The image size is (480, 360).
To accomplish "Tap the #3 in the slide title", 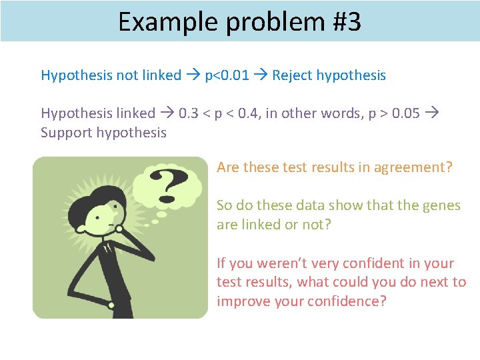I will pyautogui.click(x=345, y=22).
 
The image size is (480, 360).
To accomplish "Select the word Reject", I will pyautogui.click(x=292, y=75).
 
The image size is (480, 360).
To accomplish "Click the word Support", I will pyautogui.click(x=67, y=132).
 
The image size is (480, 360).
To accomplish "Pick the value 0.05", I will pyautogui.click(x=406, y=113).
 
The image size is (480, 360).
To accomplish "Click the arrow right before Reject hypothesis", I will pyautogui.click(x=261, y=75).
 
